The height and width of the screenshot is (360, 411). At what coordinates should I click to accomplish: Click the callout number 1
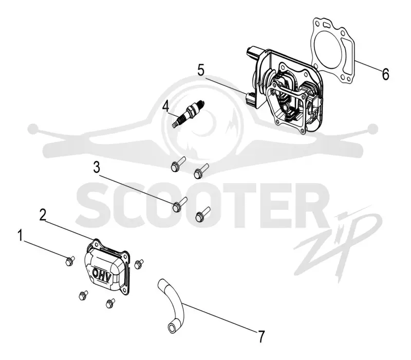(x=20, y=236)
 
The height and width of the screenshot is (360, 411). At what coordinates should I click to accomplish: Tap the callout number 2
(x=43, y=215)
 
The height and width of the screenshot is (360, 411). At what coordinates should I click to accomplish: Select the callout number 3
(x=97, y=168)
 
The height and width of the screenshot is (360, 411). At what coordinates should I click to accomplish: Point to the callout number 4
(x=165, y=106)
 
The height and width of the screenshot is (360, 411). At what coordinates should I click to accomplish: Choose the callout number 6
(x=385, y=74)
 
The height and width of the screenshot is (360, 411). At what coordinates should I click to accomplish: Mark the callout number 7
(x=261, y=337)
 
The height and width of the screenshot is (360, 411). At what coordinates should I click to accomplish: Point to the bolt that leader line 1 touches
(x=69, y=261)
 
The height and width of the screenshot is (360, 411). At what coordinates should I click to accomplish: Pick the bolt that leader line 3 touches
(x=179, y=205)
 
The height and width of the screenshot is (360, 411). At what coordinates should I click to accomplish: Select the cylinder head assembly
(x=285, y=89)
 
